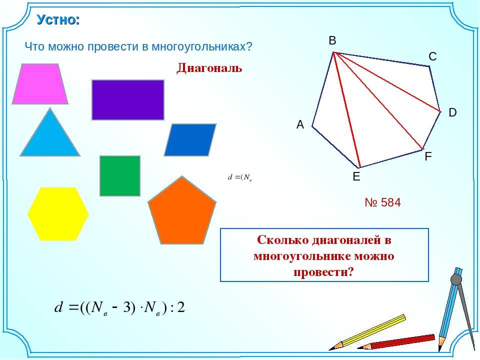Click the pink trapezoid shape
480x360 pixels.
click(x=40, y=84)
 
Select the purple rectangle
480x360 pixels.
click(x=128, y=100)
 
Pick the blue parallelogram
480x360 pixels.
click(x=190, y=140)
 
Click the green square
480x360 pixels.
click(x=120, y=175)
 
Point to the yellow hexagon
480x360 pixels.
click(x=58, y=214)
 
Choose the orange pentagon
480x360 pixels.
click(x=182, y=211)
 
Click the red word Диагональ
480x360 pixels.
click(x=209, y=68)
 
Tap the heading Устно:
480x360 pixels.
click(x=58, y=19)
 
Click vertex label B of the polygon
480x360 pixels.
click(x=332, y=40)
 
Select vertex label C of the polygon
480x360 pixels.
click(x=432, y=56)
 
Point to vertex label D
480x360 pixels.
click(x=452, y=112)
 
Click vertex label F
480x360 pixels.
click(x=428, y=156)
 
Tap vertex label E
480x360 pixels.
click(x=356, y=176)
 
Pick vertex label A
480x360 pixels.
click(x=300, y=124)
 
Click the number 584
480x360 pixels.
click(x=391, y=202)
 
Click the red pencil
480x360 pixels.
click(x=396, y=342)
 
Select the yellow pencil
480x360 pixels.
click(x=367, y=332)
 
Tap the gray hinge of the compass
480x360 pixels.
click(x=456, y=279)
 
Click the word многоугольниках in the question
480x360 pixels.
click(x=202, y=47)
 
